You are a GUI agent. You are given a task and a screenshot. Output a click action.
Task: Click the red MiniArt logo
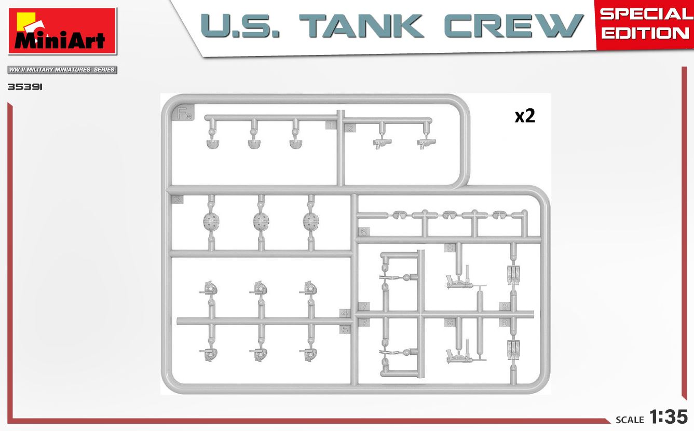tap(62, 31)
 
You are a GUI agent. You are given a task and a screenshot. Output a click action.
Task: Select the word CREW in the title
tap(513, 26)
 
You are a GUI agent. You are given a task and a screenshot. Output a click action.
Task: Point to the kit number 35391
tap(24, 87)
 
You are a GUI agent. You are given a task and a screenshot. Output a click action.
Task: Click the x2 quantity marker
tap(524, 116)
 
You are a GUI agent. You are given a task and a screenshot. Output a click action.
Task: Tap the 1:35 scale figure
tap(668, 417)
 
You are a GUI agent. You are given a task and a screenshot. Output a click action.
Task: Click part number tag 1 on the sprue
tap(331, 125)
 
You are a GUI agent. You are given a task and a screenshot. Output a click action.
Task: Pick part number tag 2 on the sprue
tap(350, 128)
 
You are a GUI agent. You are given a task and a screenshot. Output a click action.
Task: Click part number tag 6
tap(363, 231)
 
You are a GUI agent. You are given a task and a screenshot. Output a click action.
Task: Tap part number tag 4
tap(345, 313)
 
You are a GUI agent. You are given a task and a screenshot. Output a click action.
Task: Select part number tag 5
tap(345, 328)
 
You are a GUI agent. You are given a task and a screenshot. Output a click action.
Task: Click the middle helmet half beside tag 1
tap(254, 143)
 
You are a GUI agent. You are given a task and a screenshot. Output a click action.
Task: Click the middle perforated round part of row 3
tap(261, 222)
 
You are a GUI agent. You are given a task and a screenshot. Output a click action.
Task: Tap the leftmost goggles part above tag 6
tap(399, 214)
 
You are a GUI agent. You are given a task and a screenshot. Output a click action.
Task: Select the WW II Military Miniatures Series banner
tap(62, 69)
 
